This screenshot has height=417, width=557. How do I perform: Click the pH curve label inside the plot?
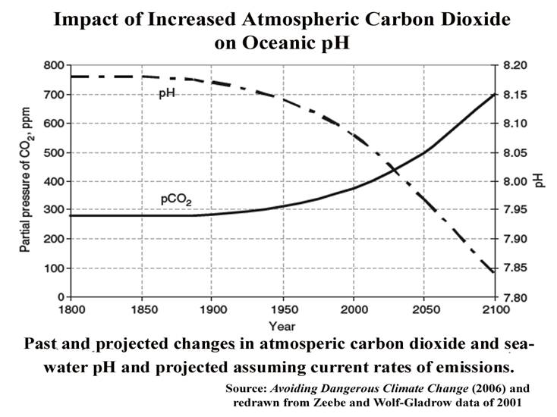coord(167,93)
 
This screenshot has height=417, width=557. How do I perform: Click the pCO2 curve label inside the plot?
coord(176,199)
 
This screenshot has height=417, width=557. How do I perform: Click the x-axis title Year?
coord(282,326)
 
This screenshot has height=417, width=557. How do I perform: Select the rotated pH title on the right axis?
coord(540,181)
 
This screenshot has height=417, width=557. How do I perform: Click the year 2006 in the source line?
coord(440,387)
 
